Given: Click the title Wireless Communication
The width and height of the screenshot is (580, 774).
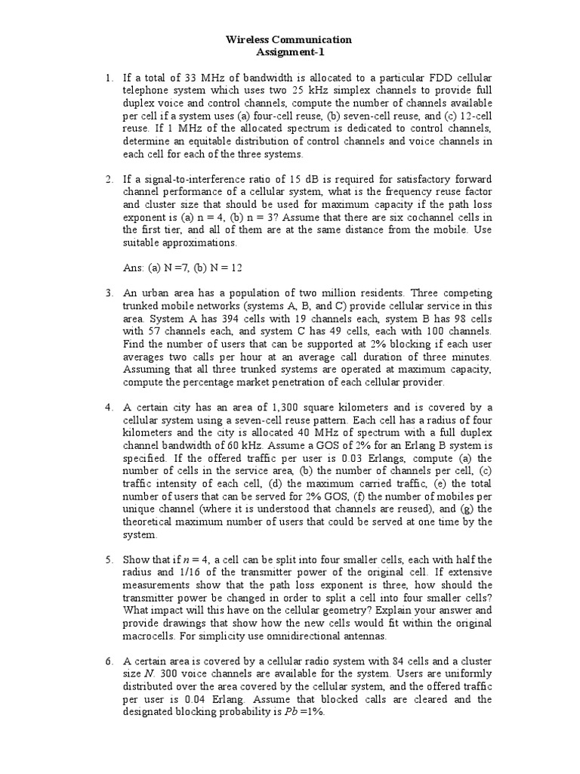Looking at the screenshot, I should pos(289,39).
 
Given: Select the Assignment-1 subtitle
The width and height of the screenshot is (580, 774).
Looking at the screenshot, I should pos(289,51).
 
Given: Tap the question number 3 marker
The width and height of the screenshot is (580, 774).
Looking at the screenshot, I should pos(109,293).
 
